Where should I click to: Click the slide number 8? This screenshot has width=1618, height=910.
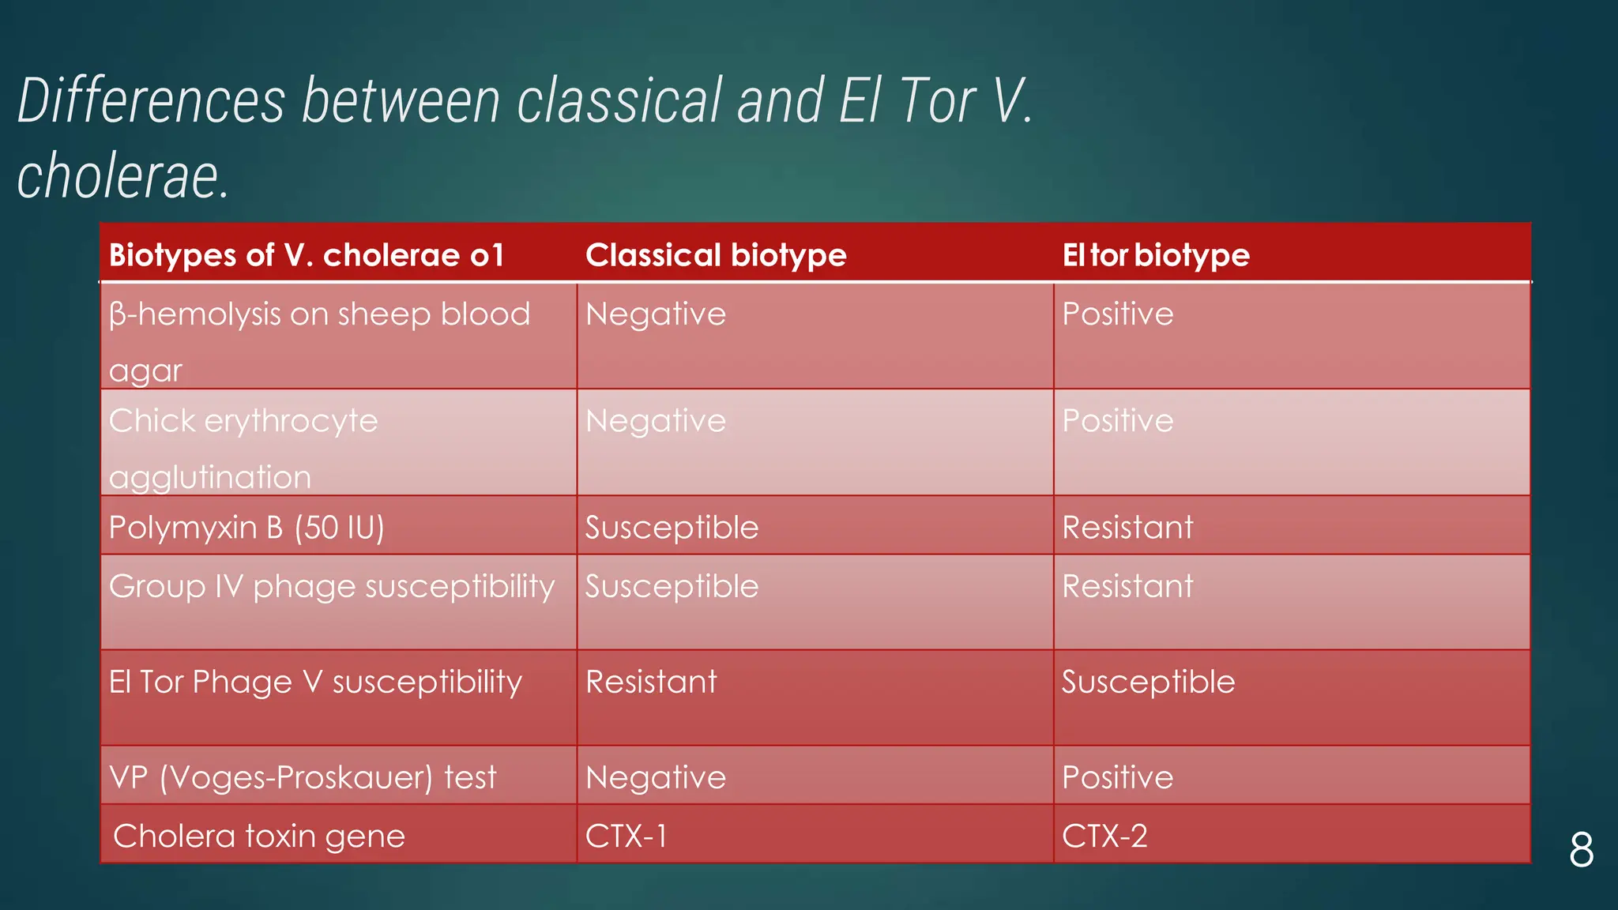coord(1581,851)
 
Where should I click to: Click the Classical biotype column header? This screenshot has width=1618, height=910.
coord(716,255)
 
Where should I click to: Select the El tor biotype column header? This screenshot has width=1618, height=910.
coord(1156,255)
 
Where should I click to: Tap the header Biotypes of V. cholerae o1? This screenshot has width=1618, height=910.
coord(307,255)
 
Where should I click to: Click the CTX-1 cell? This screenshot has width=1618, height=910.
coord(626,836)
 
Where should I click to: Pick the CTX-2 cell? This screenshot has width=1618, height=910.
coord(1104,836)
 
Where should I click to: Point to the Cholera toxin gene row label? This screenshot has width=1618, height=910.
coord(259,836)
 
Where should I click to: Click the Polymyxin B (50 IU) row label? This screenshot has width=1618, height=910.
coord(246,527)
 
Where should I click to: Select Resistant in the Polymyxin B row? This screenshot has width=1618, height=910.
coord(1127,527)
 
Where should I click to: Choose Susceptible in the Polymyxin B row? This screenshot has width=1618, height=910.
coord(672,527)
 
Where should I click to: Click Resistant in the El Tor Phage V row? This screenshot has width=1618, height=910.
coord(651,682)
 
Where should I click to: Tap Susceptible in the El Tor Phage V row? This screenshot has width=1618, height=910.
coord(1148,682)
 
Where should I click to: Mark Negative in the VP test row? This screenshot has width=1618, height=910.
coord(656,777)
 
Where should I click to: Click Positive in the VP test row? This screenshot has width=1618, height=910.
coord(1118,777)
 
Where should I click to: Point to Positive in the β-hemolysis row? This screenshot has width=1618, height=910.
coord(1118,314)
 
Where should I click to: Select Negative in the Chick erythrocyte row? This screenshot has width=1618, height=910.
coord(656,421)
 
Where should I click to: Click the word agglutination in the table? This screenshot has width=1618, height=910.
coord(210,478)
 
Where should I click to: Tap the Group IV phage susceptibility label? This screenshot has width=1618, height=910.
coord(332,587)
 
